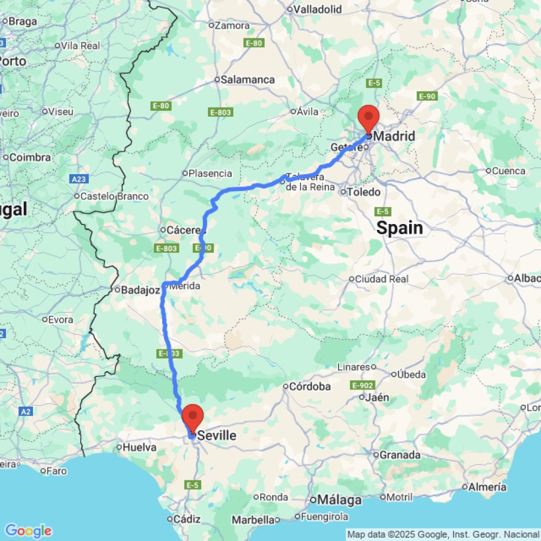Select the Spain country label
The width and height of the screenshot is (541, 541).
pyautogui.click(x=399, y=228)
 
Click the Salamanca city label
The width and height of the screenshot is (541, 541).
pyautogui.click(x=248, y=80)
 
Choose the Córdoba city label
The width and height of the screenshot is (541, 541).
pyautogui.click(x=310, y=386)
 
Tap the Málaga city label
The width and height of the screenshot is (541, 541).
pyautogui.click(x=339, y=500)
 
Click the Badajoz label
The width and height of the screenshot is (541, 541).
pyautogui.click(x=140, y=290)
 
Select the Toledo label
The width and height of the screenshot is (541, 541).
pyautogui.click(x=364, y=192)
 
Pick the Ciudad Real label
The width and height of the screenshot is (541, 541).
pyautogui.click(x=381, y=279)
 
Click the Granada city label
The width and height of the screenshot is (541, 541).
pyautogui.click(x=400, y=454)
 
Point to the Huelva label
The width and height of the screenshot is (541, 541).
pyautogui.click(x=140, y=447)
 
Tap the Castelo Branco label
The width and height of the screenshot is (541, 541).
pyautogui.click(x=114, y=196)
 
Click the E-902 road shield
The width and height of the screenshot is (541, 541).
pyautogui.click(x=362, y=385)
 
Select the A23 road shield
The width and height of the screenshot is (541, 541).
pyautogui.click(x=79, y=178)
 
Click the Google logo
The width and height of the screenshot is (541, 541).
pyautogui.click(x=28, y=531)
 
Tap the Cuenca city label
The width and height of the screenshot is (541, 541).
pyautogui.click(x=508, y=171)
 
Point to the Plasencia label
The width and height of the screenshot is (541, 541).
pyautogui.click(x=210, y=174)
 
